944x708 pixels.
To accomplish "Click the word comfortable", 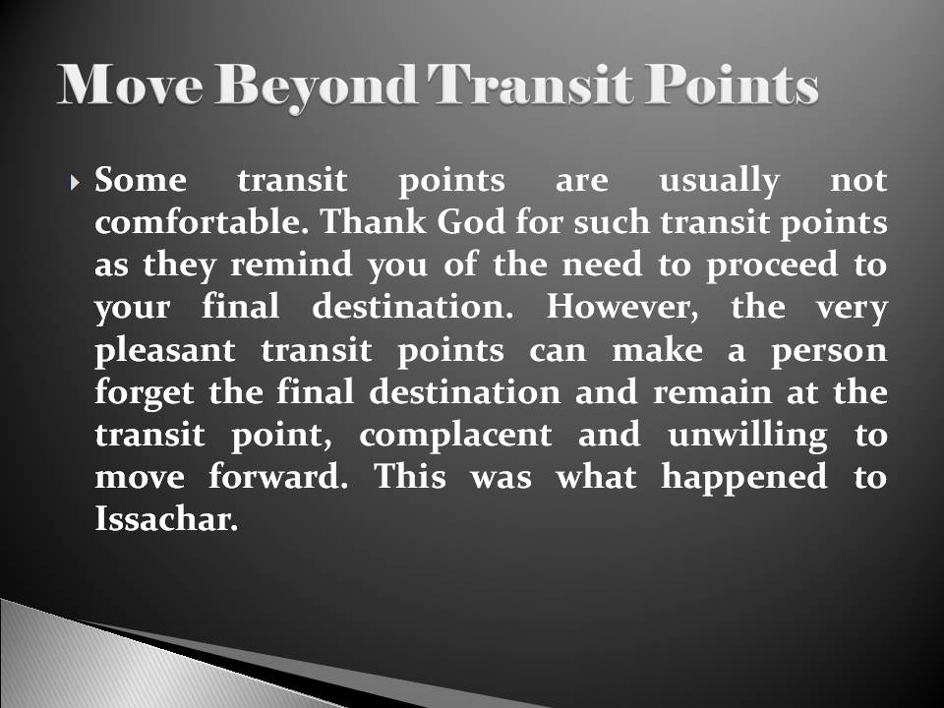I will pos(201,224).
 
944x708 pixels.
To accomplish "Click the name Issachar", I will pos(166,520).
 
